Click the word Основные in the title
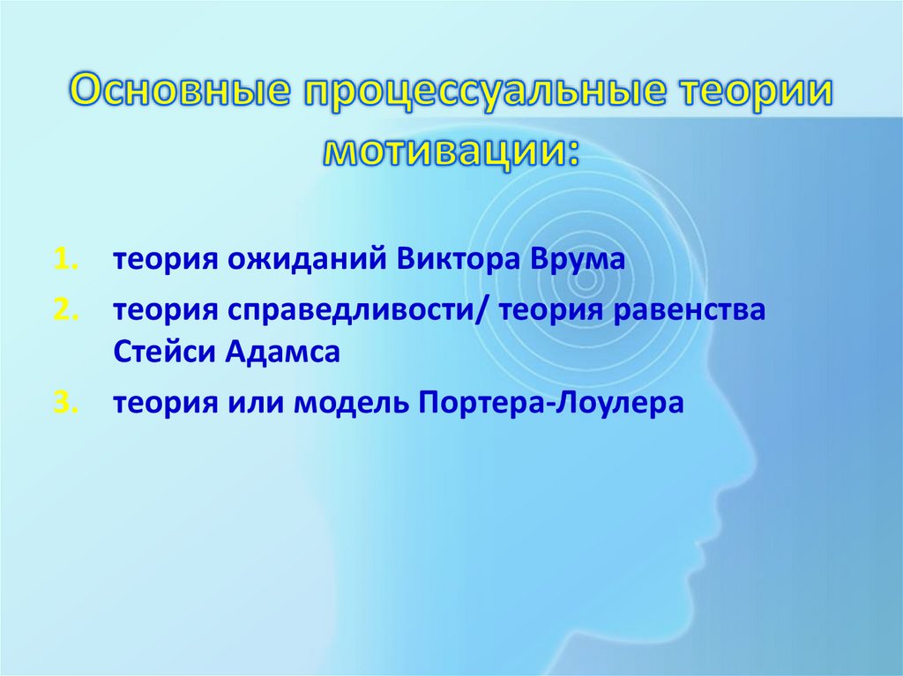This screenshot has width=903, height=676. coord(180,93)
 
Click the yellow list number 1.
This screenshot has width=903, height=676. coord(67,260)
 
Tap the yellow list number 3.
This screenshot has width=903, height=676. coord(67,403)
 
